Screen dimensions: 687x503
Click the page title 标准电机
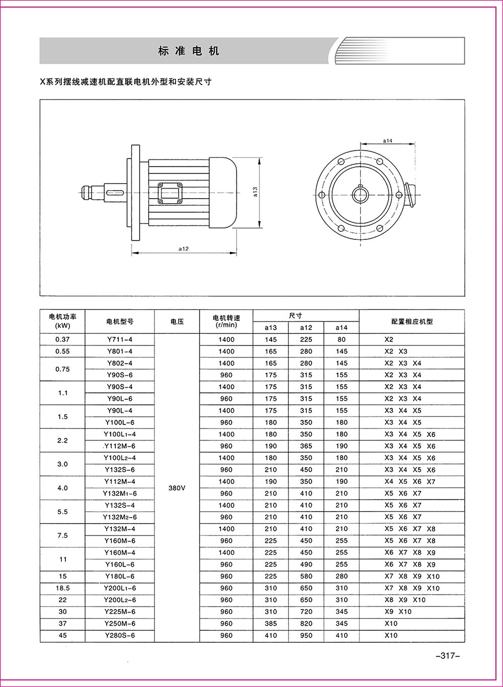pos(189,51)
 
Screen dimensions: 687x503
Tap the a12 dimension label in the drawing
pos(183,248)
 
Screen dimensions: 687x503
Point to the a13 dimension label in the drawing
pos(255,192)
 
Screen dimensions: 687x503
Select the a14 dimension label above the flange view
pos(387,141)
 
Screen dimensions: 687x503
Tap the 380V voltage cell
pos(177,487)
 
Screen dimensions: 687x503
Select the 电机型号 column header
pos(120,321)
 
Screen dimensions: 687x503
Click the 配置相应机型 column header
pos(411,321)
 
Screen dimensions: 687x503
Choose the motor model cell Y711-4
pos(120,339)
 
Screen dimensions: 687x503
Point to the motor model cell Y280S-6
pos(120,635)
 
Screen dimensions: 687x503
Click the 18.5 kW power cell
pos(62,588)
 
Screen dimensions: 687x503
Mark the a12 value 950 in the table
pos(306,635)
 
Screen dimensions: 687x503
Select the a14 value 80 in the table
pos(342,339)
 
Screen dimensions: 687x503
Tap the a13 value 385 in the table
pos(271,624)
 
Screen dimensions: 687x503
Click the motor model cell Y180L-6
pos(120,576)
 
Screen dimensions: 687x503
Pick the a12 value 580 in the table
pos(306,576)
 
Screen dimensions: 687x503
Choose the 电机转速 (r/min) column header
pos(226,321)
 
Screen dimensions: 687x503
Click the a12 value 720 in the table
pos(306,612)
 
